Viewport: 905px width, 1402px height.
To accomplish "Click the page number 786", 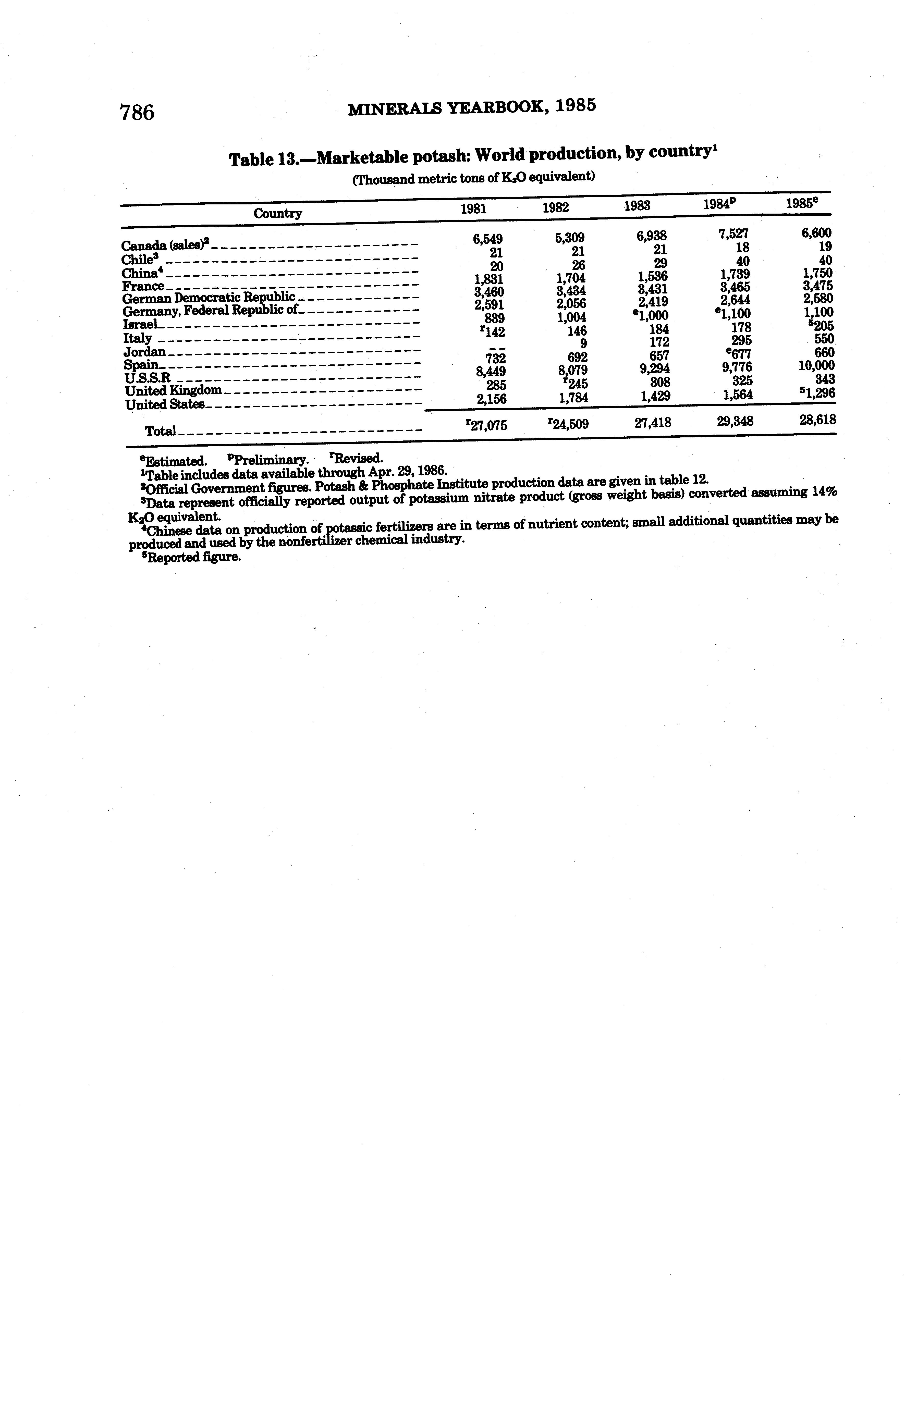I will click(x=137, y=112).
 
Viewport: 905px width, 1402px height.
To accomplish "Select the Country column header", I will click(x=277, y=213).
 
